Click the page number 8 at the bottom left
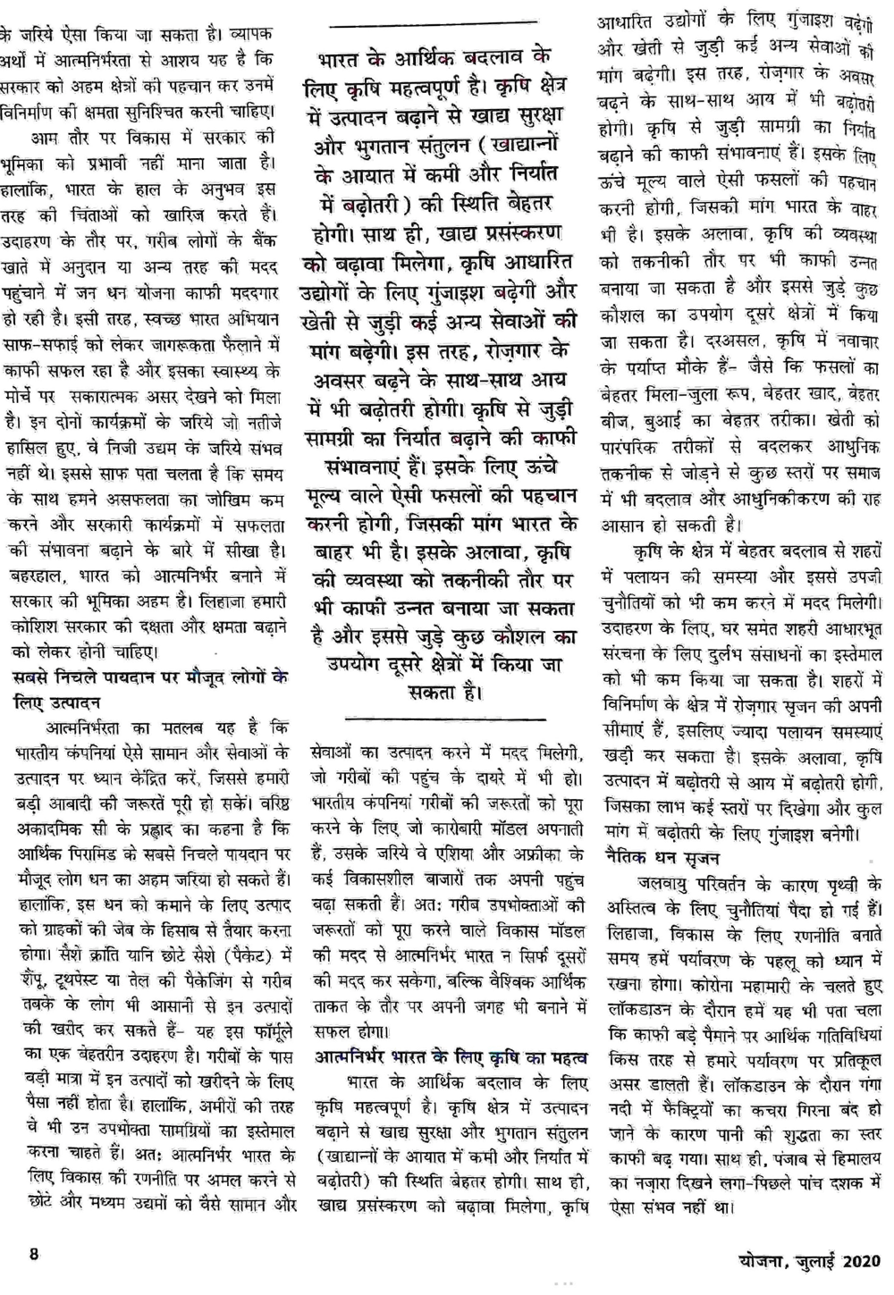[34, 1253]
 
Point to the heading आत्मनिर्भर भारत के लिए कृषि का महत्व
[451, 1058]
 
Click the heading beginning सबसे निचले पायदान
[152, 677]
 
